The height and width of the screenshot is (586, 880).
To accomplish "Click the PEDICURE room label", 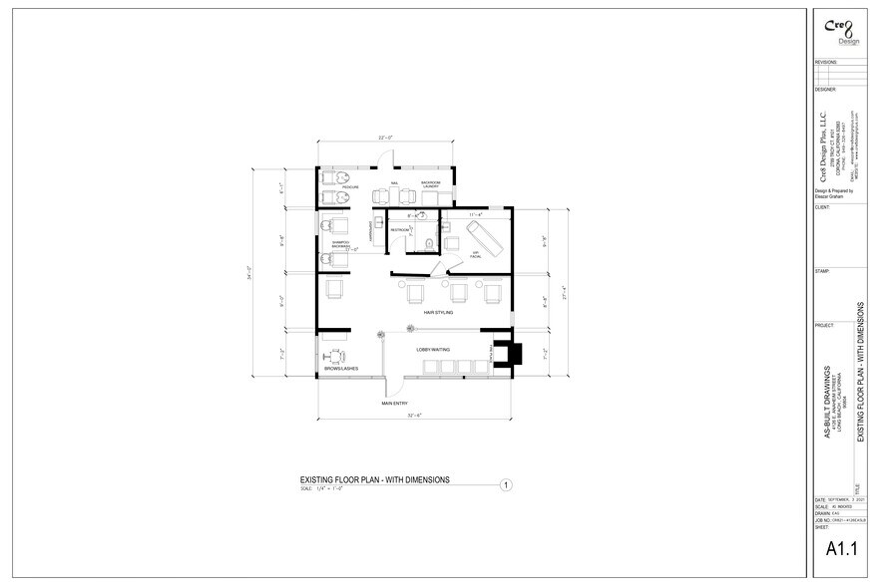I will click(350, 186).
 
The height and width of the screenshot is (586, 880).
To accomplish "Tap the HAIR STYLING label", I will click(438, 312).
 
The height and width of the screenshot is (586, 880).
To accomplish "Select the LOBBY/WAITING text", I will click(433, 350).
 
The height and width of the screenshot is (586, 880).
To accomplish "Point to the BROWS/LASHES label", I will click(340, 369).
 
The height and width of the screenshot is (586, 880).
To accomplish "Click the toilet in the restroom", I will click(427, 244).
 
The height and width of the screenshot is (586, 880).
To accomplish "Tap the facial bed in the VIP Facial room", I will click(482, 235).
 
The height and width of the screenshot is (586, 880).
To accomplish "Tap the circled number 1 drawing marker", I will click(506, 485).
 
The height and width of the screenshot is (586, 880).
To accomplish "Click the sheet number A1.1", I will click(842, 547).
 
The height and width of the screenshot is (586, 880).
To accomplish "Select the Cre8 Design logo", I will click(836, 29).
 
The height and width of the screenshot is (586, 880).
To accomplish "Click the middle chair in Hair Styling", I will click(459, 293).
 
